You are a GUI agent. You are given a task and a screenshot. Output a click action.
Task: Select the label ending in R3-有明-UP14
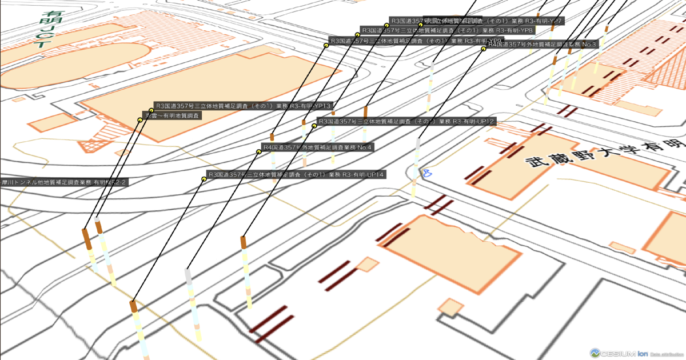[297, 174]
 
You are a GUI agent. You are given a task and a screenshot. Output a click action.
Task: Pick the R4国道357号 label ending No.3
[543, 44]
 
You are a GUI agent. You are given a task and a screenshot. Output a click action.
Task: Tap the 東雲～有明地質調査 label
[172, 115]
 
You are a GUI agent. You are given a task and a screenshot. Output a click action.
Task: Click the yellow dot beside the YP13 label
[151, 110]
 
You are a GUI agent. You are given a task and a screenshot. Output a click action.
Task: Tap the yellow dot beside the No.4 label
[258, 151]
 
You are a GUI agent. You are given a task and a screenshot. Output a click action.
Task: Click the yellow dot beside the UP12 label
[314, 126]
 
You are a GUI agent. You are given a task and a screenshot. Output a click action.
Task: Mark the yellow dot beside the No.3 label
[484, 49]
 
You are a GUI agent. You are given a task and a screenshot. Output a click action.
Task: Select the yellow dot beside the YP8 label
[357, 34]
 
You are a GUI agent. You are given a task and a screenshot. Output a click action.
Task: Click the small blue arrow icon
[426, 172]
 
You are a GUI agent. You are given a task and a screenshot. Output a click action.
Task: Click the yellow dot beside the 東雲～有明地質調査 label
[139, 120]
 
